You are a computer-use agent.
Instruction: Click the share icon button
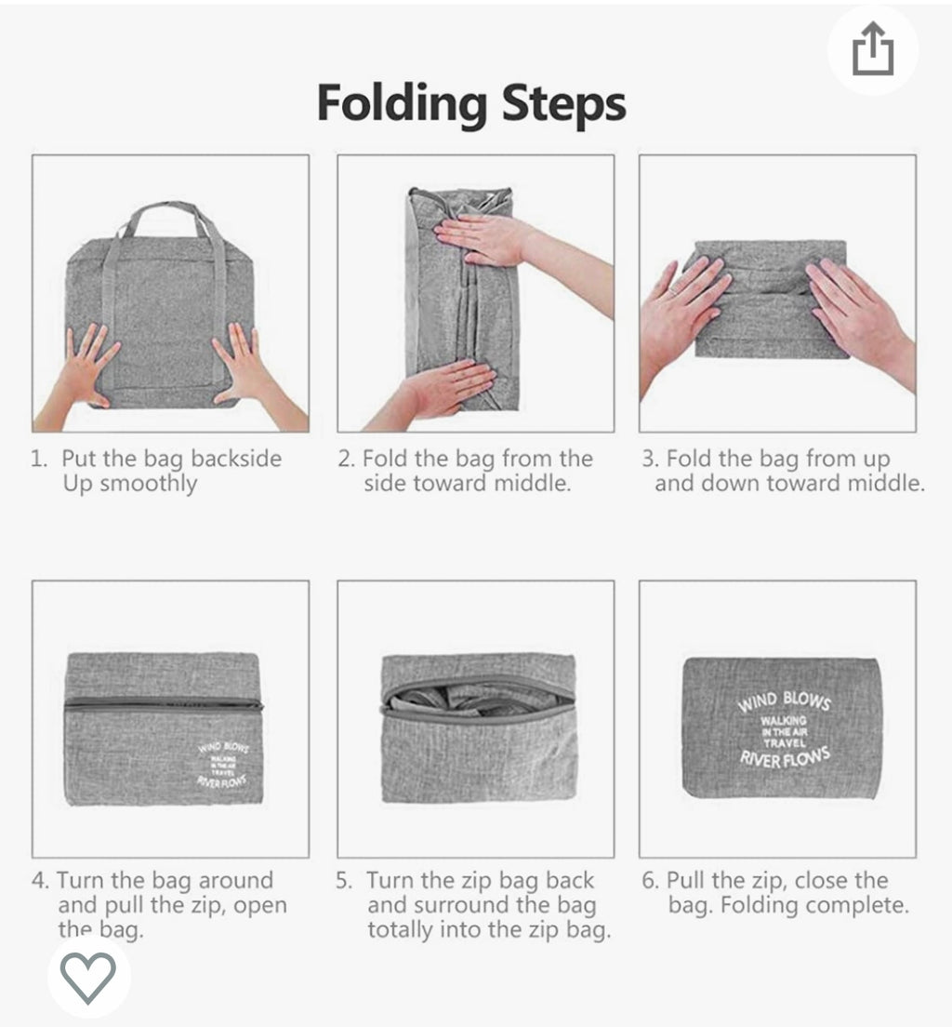point(873,49)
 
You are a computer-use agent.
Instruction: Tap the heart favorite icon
point(88,977)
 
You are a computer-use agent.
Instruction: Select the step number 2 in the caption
point(345,459)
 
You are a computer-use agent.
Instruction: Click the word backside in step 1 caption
point(236,459)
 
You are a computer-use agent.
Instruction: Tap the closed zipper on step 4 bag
point(164,705)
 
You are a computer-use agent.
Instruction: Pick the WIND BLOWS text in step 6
point(785,700)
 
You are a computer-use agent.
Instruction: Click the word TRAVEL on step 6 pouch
point(784,742)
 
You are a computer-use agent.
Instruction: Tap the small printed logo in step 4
point(222,764)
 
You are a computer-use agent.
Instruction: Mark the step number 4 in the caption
point(39,880)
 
